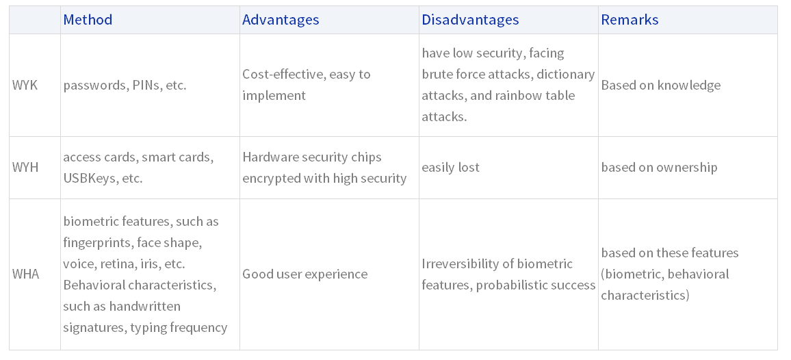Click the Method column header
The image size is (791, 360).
click(88, 20)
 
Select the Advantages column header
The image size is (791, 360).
click(281, 20)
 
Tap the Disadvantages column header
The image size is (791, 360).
click(470, 20)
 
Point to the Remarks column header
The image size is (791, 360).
click(630, 20)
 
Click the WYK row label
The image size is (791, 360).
click(25, 85)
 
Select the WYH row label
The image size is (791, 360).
click(25, 167)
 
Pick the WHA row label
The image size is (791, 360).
click(26, 274)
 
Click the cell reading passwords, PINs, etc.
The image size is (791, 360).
click(125, 86)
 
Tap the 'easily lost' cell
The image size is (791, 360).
click(450, 168)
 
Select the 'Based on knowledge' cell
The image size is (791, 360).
click(661, 86)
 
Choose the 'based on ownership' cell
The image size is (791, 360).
click(659, 168)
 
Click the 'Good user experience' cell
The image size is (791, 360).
click(304, 274)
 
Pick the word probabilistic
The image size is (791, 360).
click(511, 285)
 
